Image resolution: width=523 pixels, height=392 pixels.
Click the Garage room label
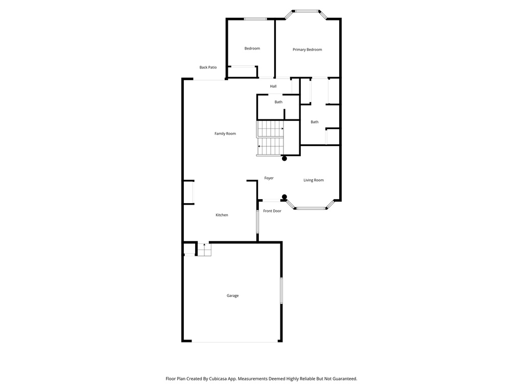tap(232, 296)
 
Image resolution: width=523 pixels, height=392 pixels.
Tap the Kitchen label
tap(222, 215)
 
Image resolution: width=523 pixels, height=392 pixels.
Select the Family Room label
tap(225, 134)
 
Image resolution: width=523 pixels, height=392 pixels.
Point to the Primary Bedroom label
tap(307, 50)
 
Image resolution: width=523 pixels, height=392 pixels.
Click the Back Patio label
tap(208, 67)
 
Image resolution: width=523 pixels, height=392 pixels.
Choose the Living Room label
tap(314, 180)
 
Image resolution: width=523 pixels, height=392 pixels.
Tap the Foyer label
tap(269, 178)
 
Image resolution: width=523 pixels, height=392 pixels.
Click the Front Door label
tap(272, 211)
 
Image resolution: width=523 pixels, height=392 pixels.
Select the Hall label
tap(273, 86)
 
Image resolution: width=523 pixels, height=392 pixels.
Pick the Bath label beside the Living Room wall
tap(315, 122)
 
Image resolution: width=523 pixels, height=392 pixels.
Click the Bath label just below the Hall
tap(278, 102)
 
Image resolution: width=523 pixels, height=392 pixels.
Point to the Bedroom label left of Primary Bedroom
tap(252, 48)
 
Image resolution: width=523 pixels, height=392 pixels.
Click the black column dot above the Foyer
tap(284, 159)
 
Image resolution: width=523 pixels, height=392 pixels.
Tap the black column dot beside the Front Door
tap(284, 197)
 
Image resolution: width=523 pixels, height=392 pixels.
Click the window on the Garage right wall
tap(281, 291)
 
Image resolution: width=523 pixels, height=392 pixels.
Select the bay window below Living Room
tap(312, 208)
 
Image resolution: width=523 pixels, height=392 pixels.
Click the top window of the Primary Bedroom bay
tap(306, 11)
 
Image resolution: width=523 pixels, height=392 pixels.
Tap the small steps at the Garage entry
tap(204, 250)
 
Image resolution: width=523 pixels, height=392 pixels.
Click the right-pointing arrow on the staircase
tap(282, 129)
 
